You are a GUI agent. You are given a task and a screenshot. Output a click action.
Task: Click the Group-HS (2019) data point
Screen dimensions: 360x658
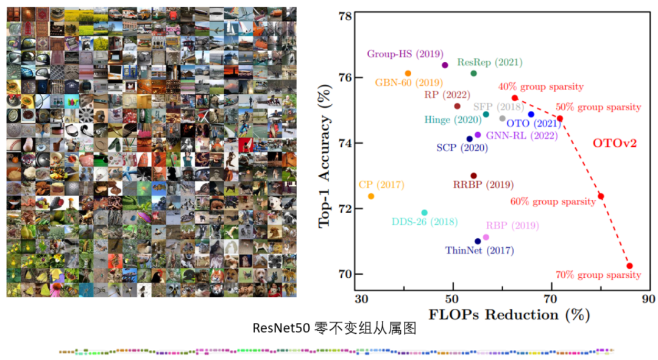pyautogui.click(x=445, y=65)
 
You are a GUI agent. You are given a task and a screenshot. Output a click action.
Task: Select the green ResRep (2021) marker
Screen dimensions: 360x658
pyautogui.click(x=473, y=74)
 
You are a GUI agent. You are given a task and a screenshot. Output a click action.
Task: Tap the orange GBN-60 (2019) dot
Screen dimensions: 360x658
pyautogui.click(x=408, y=74)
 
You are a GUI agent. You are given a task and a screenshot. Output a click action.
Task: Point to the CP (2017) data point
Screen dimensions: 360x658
pyautogui.click(x=371, y=196)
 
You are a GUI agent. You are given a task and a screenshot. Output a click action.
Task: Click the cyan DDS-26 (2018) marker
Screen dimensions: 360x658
pyautogui.click(x=425, y=213)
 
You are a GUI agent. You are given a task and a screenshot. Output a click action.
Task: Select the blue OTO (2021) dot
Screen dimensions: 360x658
pyautogui.click(x=531, y=115)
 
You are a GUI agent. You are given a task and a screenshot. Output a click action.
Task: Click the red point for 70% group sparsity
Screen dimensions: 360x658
pyautogui.click(x=629, y=266)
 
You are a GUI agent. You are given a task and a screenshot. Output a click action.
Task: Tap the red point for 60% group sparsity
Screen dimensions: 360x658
pyautogui.click(x=601, y=196)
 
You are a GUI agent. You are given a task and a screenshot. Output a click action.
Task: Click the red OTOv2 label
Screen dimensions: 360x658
pyautogui.click(x=615, y=144)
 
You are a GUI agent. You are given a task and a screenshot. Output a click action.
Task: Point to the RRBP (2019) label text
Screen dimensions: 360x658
pyautogui.click(x=483, y=185)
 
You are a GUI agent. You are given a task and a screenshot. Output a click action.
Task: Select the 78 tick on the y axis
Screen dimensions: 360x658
pyautogui.click(x=345, y=16)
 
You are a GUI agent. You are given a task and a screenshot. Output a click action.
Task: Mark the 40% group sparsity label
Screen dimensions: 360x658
pyautogui.click(x=541, y=87)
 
